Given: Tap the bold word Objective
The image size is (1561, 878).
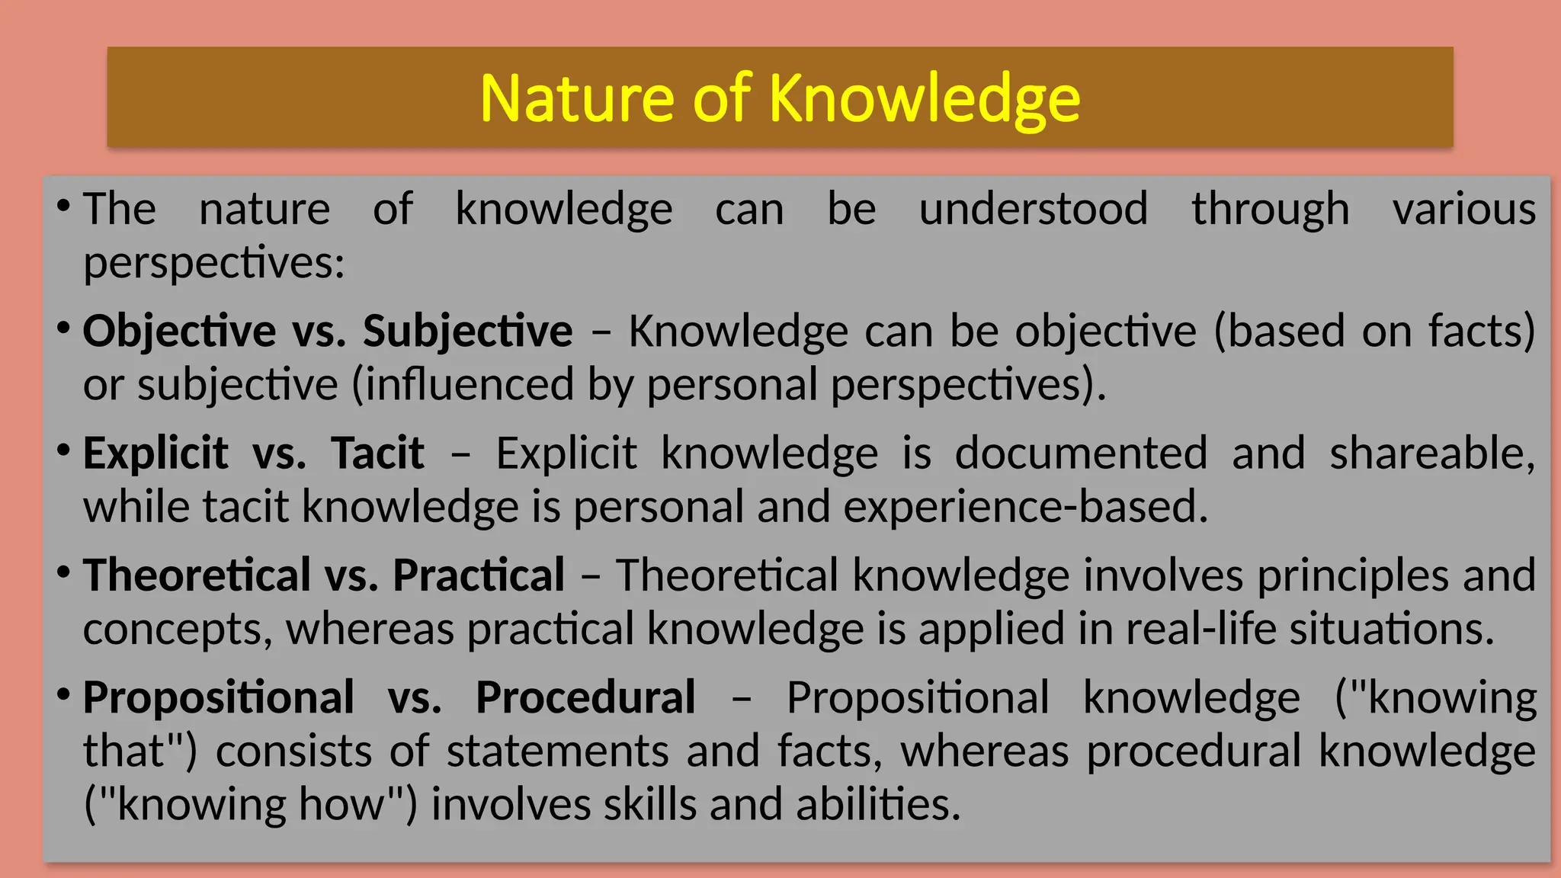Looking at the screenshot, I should click(x=179, y=332).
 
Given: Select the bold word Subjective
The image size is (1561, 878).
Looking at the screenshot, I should click(x=467, y=332).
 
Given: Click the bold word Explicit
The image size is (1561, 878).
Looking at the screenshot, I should click(x=155, y=453).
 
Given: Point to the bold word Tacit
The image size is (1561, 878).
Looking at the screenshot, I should click(x=377, y=453).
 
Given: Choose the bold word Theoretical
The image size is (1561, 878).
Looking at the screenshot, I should click(x=197, y=575).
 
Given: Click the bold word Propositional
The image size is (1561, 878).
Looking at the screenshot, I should click(x=218, y=697).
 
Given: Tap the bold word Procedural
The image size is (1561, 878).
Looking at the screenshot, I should click(x=585, y=697).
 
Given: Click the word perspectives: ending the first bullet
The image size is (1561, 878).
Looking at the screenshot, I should click(x=214, y=264).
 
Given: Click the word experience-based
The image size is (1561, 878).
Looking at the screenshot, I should click(x=1026, y=507).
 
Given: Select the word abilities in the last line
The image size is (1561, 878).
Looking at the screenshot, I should click(x=877, y=805).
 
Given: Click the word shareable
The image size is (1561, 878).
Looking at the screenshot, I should click(x=1431, y=453).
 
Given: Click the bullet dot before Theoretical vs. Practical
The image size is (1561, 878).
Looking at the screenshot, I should click(x=64, y=572).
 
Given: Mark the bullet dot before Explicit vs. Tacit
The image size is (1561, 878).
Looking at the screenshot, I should click(x=64, y=450).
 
